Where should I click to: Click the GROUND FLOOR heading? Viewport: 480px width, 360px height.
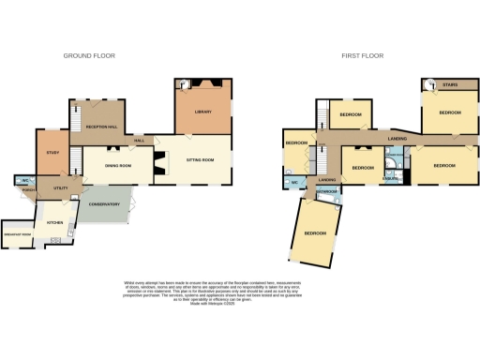[89, 56]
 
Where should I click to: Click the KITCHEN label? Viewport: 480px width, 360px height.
[55, 223]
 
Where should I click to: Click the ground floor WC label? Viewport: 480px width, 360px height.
[25, 180]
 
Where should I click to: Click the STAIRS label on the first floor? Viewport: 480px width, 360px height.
[449, 82]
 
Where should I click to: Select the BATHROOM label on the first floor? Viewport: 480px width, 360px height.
[327, 190]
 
